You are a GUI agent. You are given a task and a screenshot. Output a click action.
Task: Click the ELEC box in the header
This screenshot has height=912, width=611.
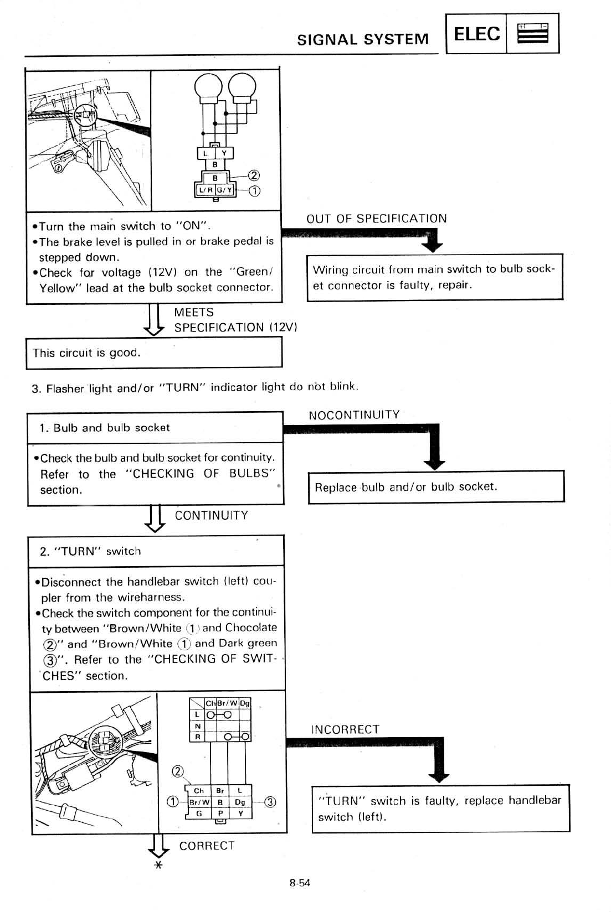coord(476,34)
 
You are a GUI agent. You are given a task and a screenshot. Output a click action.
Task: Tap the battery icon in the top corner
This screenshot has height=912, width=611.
coord(532,34)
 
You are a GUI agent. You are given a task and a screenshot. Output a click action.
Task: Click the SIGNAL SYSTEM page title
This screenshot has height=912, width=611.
coord(363,39)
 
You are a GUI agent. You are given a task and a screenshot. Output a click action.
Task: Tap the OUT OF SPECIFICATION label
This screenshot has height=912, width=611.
coord(377,219)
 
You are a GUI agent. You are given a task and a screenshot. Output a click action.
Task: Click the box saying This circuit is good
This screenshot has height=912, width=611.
coord(154,353)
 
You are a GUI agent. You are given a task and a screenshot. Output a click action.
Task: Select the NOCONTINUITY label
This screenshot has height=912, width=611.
coord(354,415)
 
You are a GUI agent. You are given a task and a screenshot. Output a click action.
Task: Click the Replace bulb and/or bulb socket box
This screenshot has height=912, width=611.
coord(436,487)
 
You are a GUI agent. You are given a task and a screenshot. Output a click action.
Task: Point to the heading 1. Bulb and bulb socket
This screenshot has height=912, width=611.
coord(105,428)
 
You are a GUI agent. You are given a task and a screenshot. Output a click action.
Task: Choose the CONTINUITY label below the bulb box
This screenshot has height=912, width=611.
coord(211,516)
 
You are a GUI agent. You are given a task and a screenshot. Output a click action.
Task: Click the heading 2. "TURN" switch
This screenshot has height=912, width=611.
coord(90,551)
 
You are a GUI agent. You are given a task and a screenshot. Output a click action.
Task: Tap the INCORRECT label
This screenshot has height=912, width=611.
coord(346,729)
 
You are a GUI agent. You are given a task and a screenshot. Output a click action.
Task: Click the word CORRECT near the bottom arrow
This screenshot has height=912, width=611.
coord(207,846)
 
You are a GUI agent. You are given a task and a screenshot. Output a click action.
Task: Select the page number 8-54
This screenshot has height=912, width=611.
coord(300,883)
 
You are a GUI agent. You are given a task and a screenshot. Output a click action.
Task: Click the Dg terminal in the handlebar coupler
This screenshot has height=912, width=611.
coord(240,802)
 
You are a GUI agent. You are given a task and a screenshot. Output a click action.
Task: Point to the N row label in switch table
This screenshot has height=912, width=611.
coord(197,726)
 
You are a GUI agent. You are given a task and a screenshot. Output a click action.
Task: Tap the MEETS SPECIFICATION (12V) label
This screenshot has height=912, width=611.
coord(235,320)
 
